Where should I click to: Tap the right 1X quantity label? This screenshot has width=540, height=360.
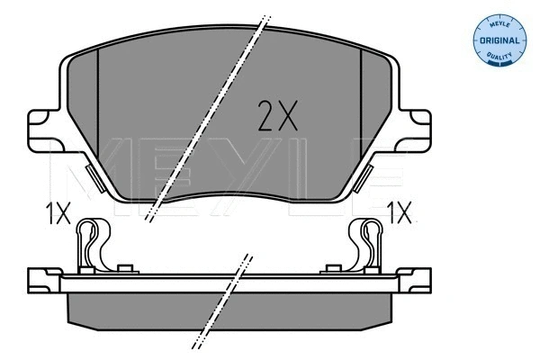[x=400, y=214]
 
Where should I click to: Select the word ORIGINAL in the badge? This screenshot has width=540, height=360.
[x=498, y=40]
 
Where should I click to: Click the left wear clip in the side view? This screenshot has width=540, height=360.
[x=89, y=245]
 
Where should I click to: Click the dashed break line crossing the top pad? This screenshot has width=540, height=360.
[x=208, y=117]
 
